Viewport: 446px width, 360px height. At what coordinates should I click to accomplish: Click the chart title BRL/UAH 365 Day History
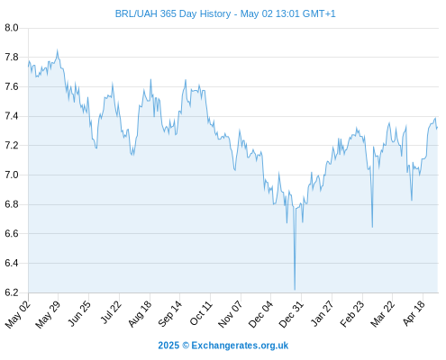click(173, 13)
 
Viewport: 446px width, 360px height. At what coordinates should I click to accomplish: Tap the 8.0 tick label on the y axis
click(12, 28)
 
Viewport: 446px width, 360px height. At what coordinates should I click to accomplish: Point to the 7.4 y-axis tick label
click(12, 116)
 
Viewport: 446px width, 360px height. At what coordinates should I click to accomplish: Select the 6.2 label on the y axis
click(12, 292)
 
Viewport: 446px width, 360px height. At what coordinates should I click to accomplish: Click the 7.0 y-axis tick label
click(12, 175)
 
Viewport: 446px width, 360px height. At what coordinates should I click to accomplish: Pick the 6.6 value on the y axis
click(12, 233)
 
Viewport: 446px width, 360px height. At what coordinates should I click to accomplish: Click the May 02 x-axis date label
click(18, 314)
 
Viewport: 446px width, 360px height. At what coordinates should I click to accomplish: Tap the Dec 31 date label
click(291, 314)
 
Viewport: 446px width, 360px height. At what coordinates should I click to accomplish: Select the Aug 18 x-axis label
click(140, 314)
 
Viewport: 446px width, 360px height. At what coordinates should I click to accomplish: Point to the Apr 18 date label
click(414, 313)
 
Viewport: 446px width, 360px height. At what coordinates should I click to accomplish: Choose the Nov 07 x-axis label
click(230, 314)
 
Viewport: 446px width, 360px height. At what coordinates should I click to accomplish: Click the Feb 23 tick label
click(352, 314)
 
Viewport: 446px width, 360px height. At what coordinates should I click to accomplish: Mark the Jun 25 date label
click(79, 314)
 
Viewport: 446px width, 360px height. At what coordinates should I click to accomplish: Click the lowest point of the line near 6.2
click(295, 290)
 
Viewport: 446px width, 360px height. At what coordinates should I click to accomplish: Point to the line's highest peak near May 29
click(58, 50)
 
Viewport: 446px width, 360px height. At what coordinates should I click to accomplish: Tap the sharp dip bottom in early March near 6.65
click(372, 227)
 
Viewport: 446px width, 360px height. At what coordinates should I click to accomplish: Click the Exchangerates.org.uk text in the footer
click(240, 346)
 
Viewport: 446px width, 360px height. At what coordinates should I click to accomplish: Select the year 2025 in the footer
click(168, 346)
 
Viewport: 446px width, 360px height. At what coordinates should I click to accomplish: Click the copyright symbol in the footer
click(186, 346)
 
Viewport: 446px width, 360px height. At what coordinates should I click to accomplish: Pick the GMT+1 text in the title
click(319, 13)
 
